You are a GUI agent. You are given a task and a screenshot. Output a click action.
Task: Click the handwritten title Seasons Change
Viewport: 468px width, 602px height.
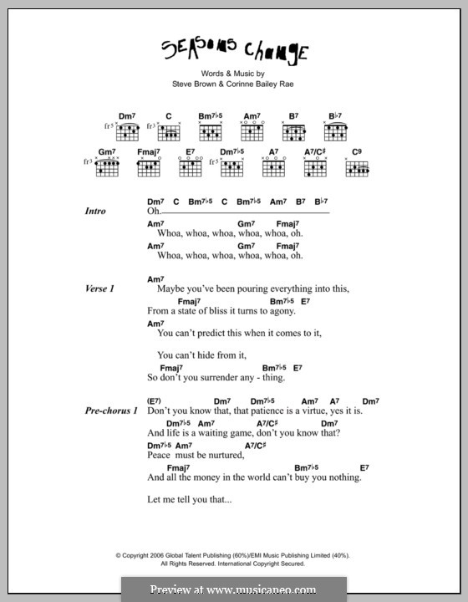click(234, 53)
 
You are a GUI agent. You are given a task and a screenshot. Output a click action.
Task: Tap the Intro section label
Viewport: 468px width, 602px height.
click(95, 212)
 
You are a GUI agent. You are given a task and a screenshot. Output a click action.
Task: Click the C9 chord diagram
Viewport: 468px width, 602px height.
click(357, 167)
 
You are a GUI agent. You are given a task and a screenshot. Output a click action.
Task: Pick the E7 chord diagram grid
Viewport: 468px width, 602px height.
click(191, 167)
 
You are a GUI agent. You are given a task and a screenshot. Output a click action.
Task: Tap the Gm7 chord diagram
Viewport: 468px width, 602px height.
click(106, 167)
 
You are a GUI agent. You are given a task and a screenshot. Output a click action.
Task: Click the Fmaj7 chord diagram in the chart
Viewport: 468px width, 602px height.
click(148, 167)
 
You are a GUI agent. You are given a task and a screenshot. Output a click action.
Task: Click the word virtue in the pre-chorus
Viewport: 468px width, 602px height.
click(313, 411)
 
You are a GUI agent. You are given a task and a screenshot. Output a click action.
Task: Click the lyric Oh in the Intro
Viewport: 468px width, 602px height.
click(152, 212)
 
